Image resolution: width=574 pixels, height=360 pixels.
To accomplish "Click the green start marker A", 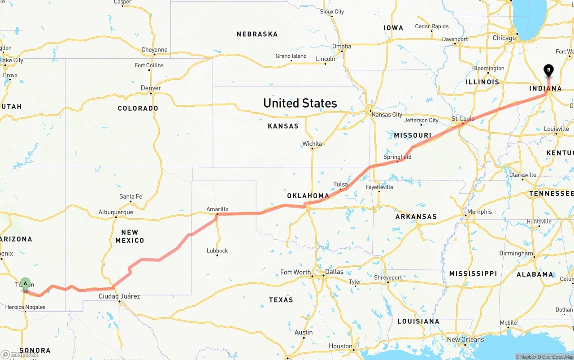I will tap(26, 283).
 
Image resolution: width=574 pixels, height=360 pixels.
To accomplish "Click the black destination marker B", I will tap(548, 70).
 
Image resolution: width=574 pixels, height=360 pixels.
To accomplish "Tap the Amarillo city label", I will tap(217, 209).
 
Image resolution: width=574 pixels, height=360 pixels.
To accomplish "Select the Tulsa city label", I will tap(340, 184).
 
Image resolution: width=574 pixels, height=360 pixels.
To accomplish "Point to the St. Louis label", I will tap(463, 119).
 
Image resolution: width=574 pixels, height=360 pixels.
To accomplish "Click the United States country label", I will tap(300, 103).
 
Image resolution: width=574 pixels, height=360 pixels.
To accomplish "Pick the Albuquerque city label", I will tap(116, 212).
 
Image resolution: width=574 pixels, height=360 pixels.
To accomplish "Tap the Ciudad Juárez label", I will tap(119, 296).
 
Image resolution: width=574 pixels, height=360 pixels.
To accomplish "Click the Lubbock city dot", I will tap(217, 255).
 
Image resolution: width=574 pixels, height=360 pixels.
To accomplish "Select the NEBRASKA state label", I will tap(257, 34).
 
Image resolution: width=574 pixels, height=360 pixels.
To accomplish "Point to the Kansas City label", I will tap(387, 114).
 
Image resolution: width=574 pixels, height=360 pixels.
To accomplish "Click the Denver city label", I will tap(151, 88).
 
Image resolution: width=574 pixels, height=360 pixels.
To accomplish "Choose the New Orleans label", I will tap(465, 339).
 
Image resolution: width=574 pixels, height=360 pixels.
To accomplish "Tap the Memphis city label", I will tap(479, 212).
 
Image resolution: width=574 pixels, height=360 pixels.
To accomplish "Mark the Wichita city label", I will tap(312, 143).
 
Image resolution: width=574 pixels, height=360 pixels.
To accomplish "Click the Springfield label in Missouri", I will tap(397, 157).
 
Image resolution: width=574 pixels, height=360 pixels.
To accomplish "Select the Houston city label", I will tap(340, 346).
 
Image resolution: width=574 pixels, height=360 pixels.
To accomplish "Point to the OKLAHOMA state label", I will tap(308, 196).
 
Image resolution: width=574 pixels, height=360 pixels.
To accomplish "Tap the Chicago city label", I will tap(504, 38).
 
